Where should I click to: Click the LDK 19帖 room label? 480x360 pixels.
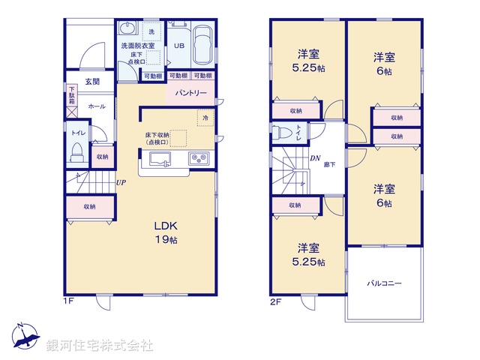(165, 232)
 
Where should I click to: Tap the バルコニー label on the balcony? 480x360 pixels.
(384, 283)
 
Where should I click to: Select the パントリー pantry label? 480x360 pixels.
(191, 94)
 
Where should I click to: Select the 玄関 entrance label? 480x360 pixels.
(92, 81)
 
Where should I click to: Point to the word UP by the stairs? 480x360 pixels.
(120, 182)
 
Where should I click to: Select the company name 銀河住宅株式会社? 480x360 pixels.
(99, 346)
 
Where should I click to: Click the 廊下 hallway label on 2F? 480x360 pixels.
(330, 163)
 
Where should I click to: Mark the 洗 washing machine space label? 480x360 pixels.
(151, 31)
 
